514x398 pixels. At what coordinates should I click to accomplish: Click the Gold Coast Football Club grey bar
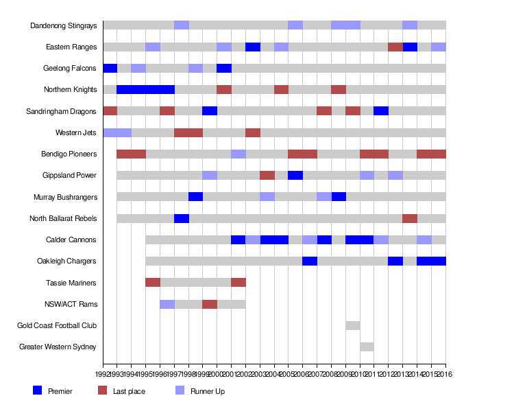353,325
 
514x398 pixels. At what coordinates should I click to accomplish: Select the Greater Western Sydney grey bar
367,347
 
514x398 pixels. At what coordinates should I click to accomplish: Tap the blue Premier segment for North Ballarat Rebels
182,218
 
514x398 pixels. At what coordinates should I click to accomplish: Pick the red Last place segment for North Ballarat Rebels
410,218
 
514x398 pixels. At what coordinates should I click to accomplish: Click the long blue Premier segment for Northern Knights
146,89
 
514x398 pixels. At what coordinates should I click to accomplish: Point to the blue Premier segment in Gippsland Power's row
295,175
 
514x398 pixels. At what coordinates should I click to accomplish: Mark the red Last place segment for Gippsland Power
267,175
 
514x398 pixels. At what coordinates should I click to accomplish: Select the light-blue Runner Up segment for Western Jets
117,132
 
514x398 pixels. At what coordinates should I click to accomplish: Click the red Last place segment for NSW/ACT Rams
210,304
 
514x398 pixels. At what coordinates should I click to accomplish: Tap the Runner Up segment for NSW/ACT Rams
167,304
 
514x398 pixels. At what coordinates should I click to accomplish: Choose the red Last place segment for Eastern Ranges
395,47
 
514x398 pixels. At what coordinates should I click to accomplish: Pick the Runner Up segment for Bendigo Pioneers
238,154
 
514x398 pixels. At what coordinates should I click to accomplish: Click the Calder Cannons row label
71,239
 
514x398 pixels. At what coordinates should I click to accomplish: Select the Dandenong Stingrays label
64,25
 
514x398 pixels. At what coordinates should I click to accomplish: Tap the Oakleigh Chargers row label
67,261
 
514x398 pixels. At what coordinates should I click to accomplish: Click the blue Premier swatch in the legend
38,390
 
